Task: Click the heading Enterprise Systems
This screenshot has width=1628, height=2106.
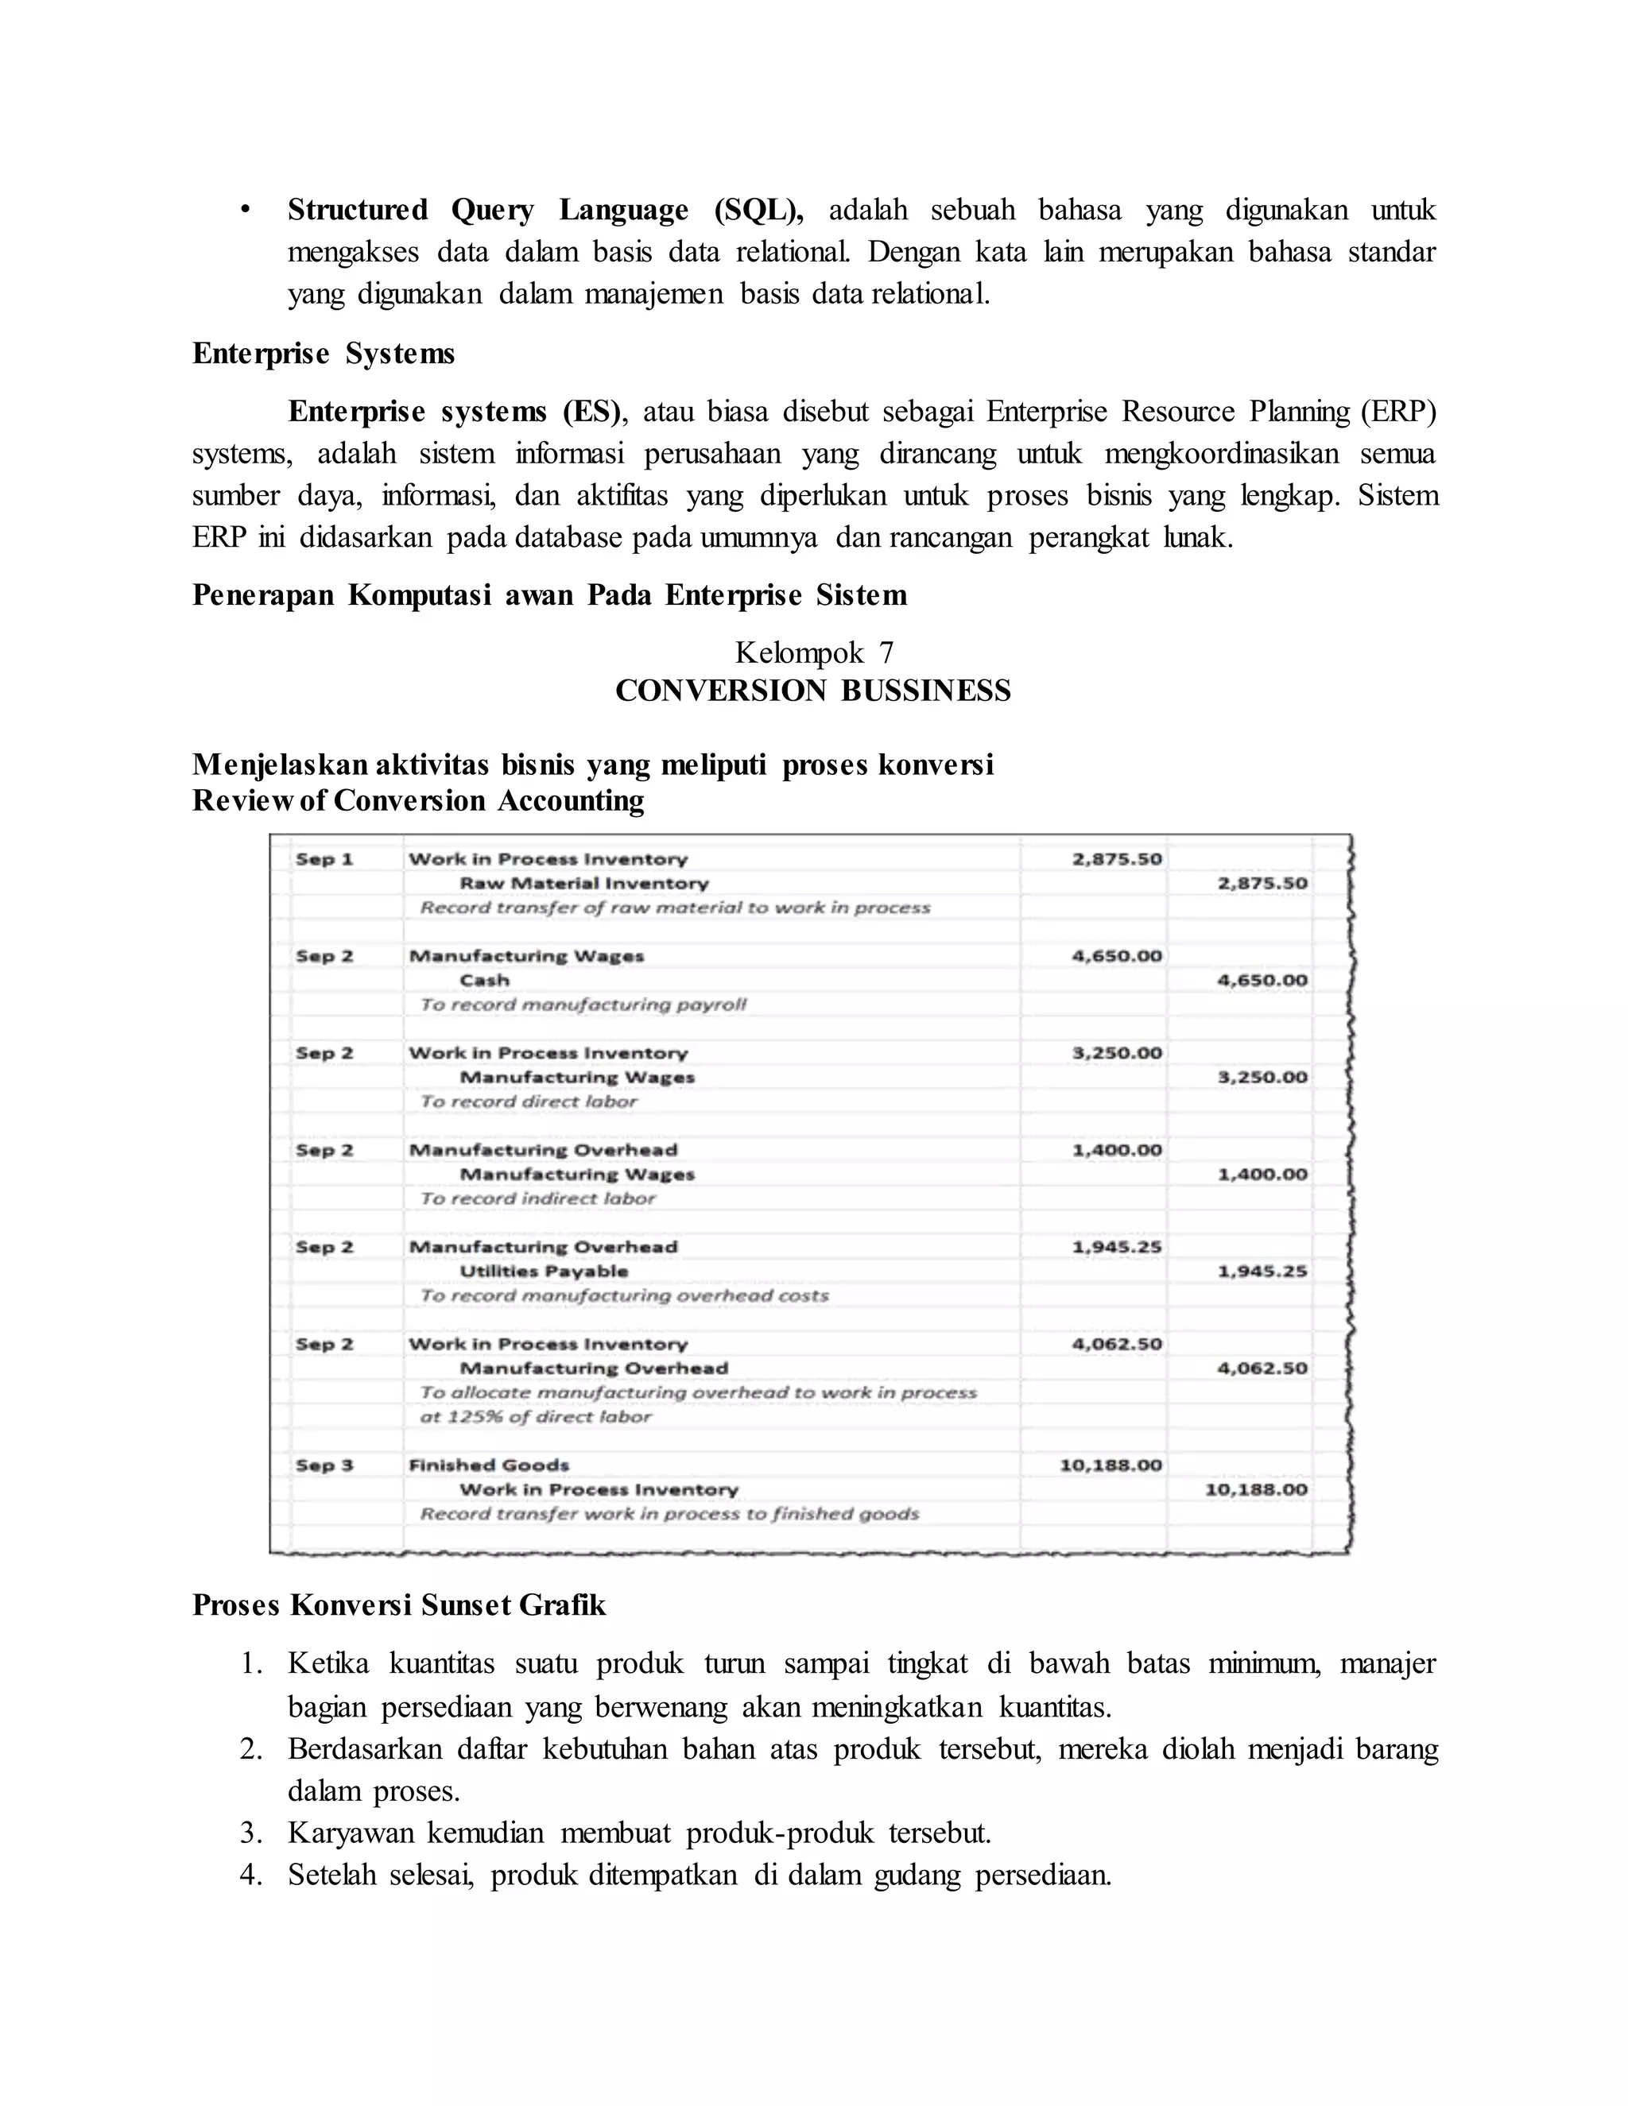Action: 323,354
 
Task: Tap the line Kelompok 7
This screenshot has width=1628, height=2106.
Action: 814,652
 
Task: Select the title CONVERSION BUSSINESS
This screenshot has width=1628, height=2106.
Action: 813,691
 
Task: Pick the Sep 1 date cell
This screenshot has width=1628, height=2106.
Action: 324,859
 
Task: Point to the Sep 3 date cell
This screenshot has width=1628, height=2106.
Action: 324,1465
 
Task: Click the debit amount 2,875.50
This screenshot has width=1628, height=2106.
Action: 1117,859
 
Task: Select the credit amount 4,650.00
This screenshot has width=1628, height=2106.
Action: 1262,981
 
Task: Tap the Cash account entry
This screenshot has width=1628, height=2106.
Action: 484,981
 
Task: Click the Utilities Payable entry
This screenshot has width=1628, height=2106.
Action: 544,1272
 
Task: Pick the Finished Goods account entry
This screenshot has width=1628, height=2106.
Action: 489,1465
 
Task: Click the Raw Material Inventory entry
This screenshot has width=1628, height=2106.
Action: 583,883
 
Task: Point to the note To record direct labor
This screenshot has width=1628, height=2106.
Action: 529,1102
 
